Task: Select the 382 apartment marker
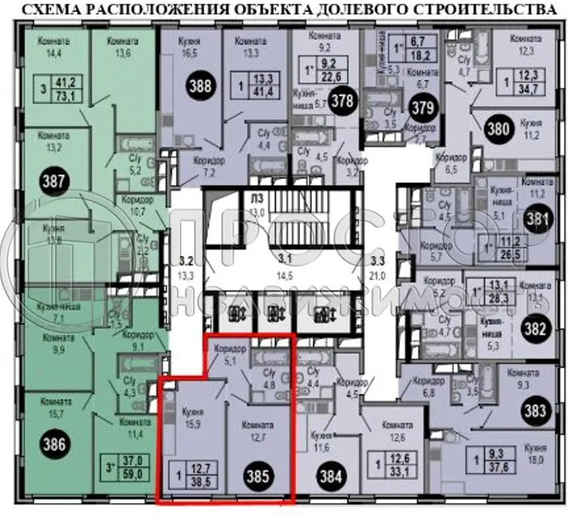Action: [535, 329]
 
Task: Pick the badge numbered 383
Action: [534, 411]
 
